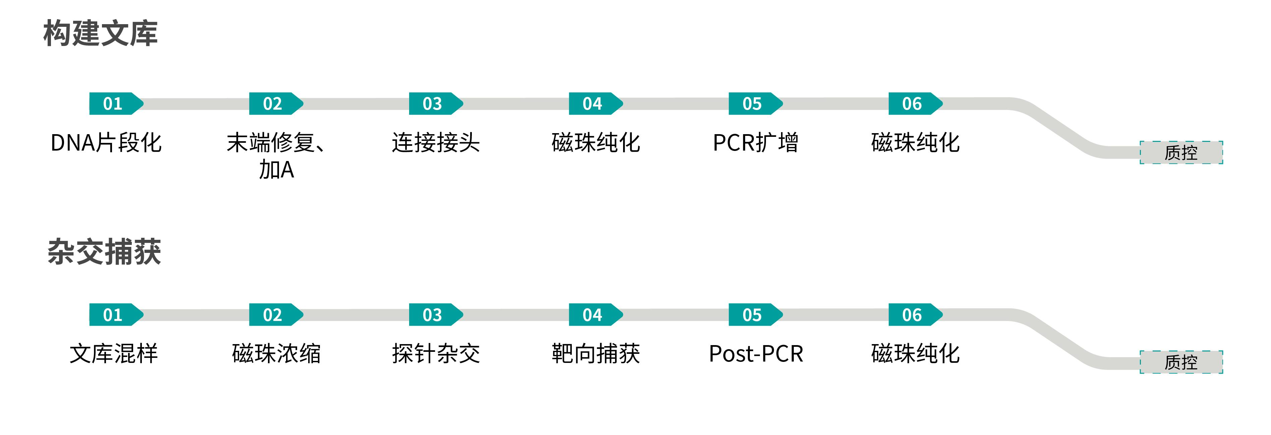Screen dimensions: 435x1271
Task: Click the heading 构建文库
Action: pos(101,34)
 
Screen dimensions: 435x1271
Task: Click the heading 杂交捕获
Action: pos(104,252)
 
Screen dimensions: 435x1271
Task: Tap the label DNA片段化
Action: pos(106,143)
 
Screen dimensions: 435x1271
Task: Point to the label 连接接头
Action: pos(436,143)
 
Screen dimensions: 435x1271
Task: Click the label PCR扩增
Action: pos(756,143)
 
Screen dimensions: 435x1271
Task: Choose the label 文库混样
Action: pos(113,354)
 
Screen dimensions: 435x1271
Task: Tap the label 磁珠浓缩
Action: pos(276,354)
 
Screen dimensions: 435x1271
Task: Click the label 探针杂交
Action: pos(436,354)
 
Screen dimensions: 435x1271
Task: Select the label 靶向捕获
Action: pos(596,354)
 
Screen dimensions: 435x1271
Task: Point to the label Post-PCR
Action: pos(756,354)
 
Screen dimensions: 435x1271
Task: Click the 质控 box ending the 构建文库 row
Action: pos(1181,152)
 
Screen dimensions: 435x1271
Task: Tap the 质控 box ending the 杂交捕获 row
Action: pos(1181,362)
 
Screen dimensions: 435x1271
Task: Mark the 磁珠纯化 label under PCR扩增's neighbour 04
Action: pos(596,143)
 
